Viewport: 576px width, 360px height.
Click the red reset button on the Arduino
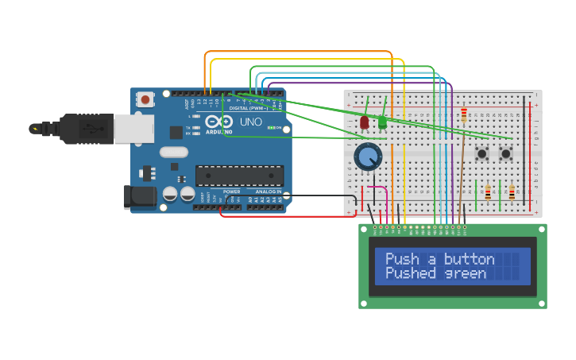[145, 100]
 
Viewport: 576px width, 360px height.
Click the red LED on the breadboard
[365, 122]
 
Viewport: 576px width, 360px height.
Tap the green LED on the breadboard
[382, 122]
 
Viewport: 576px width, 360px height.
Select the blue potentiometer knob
[368, 157]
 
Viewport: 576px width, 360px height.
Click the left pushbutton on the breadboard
[481, 153]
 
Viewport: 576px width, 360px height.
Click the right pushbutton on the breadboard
[505, 153]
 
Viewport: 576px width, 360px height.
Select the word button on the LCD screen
[469, 259]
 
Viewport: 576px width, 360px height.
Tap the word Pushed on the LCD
[412, 273]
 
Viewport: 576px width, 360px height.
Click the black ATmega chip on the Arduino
[239, 176]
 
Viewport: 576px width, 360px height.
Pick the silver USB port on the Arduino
[133, 129]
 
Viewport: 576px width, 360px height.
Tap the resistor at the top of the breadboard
[464, 116]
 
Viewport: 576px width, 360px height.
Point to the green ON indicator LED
[272, 128]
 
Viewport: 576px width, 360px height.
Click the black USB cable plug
[79, 128]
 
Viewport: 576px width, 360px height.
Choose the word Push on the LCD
[402, 259]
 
